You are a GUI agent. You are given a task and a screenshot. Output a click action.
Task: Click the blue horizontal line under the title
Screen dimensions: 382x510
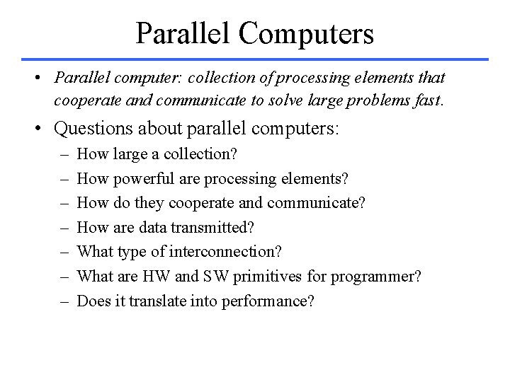[255, 59]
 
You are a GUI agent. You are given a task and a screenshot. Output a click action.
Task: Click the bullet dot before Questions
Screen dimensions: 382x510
[41, 129]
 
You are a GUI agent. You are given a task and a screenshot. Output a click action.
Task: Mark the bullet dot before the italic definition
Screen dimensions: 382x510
[41, 76]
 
